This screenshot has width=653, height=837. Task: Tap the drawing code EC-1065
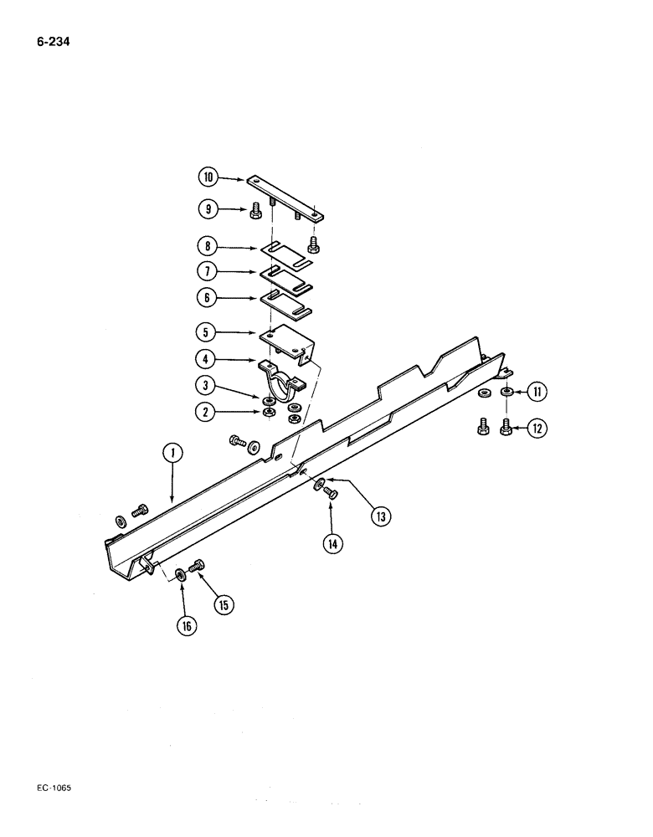point(55,788)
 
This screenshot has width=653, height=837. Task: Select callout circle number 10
point(208,177)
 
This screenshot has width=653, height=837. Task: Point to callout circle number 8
point(208,247)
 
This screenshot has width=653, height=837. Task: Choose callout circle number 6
point(208,297)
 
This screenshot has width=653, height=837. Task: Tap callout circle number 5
point(208,332)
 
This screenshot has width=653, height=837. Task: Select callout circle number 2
point(208,411)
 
